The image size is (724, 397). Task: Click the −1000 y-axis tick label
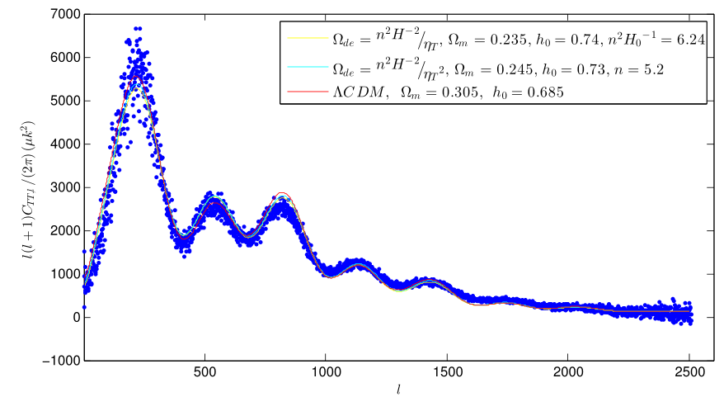60,361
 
